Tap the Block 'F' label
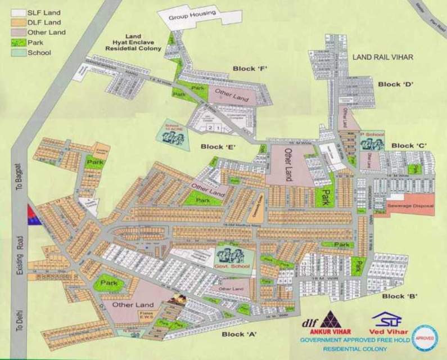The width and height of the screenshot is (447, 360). (x=249, y=69)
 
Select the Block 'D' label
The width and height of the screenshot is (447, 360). (x=395, y=84)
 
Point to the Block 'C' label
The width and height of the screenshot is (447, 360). (x=409, y=146)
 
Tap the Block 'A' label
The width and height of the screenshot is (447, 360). (x=239, y=334)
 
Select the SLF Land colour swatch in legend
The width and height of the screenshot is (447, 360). (x=17, y=12)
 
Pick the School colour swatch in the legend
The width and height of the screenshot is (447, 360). (x=17, y=52)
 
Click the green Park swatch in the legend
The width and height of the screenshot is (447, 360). (x=17, y=42)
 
